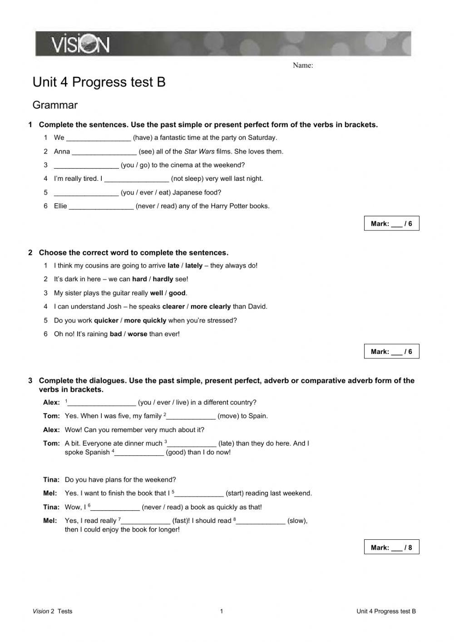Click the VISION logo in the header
point(80,45)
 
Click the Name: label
point(303,65)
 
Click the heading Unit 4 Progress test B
point(99,82)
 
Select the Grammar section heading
point(55,105)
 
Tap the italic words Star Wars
point(199,152)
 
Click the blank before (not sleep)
point(137,179)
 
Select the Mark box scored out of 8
point(391,547)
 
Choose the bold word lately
point(194,266)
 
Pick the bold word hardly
point(163,279)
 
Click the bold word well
point(156,293)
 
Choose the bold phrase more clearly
point(211,307)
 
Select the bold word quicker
point(106,320)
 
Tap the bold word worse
point(137,334)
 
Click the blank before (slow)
point(261,521)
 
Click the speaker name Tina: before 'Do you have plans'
point(51,480)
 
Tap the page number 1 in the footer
point(222,611)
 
